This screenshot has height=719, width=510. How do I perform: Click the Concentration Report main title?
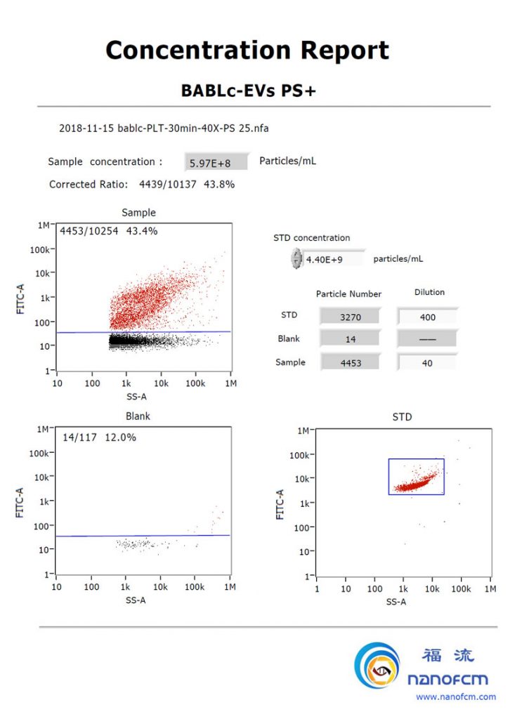pos(247,51)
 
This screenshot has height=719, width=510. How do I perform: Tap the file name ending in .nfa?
pos(164,128)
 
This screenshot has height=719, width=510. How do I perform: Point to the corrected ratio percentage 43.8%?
pos(218,185)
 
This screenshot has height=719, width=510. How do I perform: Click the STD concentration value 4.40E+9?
pos(324,259)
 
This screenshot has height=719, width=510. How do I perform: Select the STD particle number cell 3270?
pos(350,317)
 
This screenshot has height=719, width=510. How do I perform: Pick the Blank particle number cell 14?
pos(350,339)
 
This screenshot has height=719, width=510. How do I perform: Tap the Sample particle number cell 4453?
pos(350,363)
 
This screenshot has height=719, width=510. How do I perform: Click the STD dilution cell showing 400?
pos(427,317)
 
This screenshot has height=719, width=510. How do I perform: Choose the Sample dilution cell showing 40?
pos(427,363)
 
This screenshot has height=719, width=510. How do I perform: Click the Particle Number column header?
pos(348,293)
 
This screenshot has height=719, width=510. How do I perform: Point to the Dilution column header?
pos(429,292)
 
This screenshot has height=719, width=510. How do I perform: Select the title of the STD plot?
pos(402,417)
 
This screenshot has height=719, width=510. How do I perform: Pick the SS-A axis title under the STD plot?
pos(395,602)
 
